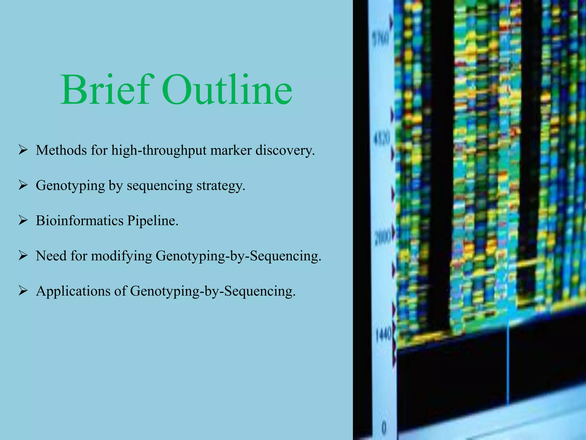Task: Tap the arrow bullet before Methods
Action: pyautogui.click(x=23, y=150)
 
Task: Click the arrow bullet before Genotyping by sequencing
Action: pyautogui.click(x=23, y=185)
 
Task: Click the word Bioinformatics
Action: pyautogui.click(x=80, y=221)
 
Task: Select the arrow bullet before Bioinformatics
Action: pyautogui.click(x=23, y=220)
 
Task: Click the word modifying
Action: pyautogui.click(x=121, y=256)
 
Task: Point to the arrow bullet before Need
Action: pyautogui.click(x=23, y=256)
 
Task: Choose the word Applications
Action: pyautogui.click(x=73, y=291)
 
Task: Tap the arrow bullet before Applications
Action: pyautogui.click(x=23, y=291)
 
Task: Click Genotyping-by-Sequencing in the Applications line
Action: pyautogui.click(x=213, y=291)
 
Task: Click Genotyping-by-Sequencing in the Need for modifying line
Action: pyautogui.click(x=238, y=256)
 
